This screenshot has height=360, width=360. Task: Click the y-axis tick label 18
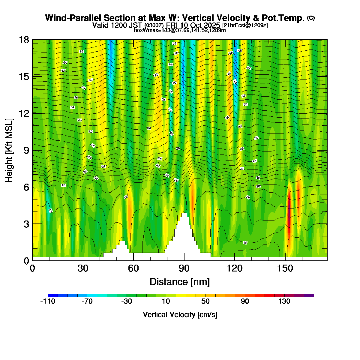coord(24,40)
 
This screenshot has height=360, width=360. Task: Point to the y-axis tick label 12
coord(24,113)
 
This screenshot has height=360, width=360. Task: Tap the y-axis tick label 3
coord(26,224)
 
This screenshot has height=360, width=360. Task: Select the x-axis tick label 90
coord(184,268)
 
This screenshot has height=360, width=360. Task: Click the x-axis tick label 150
coord(285,268)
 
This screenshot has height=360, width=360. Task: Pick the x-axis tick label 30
coord(83,268)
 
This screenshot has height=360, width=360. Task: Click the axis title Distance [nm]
coord(179,282)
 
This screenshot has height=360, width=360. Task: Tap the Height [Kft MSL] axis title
coord(9,150)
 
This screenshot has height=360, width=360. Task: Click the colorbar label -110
coord(48,302)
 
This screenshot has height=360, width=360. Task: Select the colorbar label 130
coord(284,302)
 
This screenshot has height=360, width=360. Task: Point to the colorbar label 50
coord(205,302)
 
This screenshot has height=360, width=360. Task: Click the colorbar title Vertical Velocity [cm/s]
coord(180,315)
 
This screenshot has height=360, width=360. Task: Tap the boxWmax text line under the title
coord(180,30)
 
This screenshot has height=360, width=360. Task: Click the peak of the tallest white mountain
coord(184,214)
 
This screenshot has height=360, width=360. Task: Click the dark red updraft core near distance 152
coord(289,210)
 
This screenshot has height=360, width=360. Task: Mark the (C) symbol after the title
coord(311,18)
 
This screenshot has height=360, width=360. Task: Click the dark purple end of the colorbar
coord(309,295)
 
